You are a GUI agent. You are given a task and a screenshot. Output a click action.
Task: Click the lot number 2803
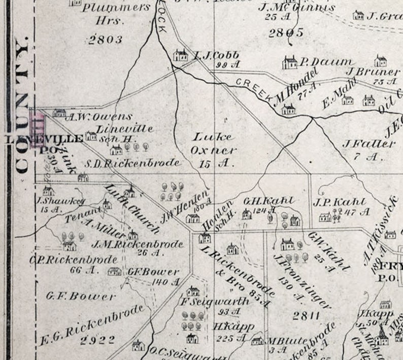[x=106, y=40]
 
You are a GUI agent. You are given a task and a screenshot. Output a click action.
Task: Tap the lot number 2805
[x=286, y=33]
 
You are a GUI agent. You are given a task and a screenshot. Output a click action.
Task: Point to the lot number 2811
[x=306, y=316]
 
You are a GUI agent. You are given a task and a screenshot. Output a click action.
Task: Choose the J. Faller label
[x=368, y=144]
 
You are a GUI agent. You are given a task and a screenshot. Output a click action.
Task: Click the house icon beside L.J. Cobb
[x=180, y=55]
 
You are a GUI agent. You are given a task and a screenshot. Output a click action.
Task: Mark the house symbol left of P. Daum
[x=290, y=62]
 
